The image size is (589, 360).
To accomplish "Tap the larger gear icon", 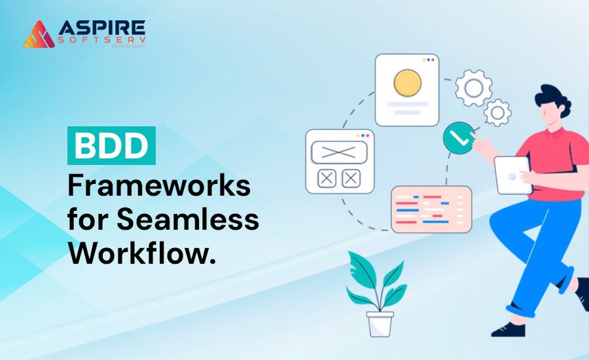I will coord(473,88).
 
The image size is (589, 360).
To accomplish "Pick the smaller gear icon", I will coord(499,113).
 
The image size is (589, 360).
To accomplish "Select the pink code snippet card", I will coord(431,209).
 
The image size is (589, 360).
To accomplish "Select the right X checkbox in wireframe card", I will coord(351,177).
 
